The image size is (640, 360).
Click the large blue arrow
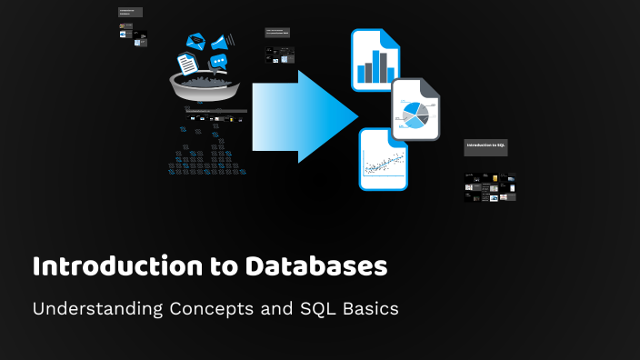(305, 115)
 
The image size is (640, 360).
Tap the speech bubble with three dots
(218, 62)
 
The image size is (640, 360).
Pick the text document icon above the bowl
(187, 63)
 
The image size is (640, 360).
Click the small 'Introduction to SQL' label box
(486, 145)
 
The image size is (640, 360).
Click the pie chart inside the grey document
(415, 115)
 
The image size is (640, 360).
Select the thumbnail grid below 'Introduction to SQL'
(490, 186)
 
